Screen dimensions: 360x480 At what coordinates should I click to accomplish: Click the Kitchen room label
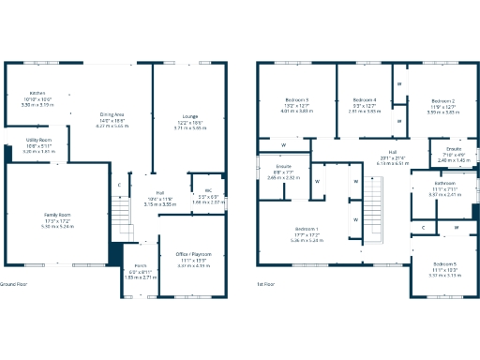pos(37,94)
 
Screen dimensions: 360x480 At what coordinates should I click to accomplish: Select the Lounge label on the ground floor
pos(188,115)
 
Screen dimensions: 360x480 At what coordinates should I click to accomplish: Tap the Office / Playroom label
pos(194,254)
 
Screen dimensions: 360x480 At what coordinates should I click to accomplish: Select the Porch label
pos(141,266)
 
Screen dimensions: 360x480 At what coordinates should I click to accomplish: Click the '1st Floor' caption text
pos(265,283)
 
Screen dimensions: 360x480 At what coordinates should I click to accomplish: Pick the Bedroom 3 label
pos(297,100)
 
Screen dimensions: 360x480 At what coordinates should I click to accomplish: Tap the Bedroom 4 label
pos(364,100)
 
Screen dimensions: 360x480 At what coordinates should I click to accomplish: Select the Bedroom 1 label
pos(307,229)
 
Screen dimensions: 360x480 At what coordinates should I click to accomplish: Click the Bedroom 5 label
pos(444,264)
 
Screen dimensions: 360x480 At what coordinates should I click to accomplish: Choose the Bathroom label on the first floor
pos(444,184)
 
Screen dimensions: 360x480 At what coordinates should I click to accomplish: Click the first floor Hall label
pos(393,152)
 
